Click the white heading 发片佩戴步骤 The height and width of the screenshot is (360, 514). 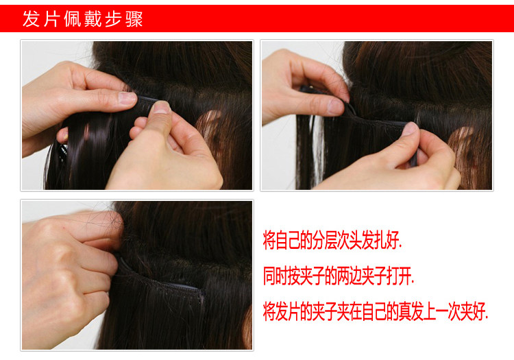pos(82,19)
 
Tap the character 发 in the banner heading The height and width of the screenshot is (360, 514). pos(32,19)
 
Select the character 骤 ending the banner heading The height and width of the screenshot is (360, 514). pos(134,19)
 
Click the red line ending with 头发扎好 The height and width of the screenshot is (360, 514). pos(332,242)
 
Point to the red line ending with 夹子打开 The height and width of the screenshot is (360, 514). pos(339,278)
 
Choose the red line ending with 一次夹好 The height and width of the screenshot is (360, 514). pos(376,313)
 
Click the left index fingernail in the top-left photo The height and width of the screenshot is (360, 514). pos(127,97)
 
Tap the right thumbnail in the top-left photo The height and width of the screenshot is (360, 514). pos(160,107)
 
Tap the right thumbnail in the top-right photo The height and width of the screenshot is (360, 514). pos(411,128)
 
